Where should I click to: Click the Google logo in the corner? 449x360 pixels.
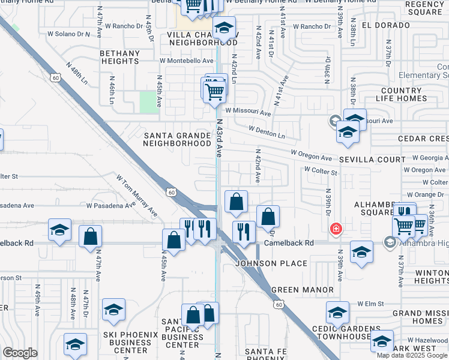pos(19,353)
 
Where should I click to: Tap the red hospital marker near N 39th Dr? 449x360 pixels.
pos(336,229)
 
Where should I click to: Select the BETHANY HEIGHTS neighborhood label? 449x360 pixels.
pos(119,57)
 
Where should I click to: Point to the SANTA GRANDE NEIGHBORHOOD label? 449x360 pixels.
pos(178,139)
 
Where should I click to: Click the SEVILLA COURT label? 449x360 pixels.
pos(372,160)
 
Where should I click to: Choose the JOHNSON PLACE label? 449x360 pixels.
pos(271,263)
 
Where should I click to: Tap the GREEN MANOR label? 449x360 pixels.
pos(303,290)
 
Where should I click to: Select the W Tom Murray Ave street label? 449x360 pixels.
pos(137,196)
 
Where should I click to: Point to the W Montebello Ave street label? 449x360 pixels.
pos(187,61)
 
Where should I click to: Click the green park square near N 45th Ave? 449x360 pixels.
pos(148,101)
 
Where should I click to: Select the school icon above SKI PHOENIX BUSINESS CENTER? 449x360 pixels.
pos(113,310)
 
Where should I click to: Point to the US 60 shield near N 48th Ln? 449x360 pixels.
pos(55,77)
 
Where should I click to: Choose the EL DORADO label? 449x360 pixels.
pos(381,26)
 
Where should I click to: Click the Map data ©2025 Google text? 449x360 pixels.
pos(412,355)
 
